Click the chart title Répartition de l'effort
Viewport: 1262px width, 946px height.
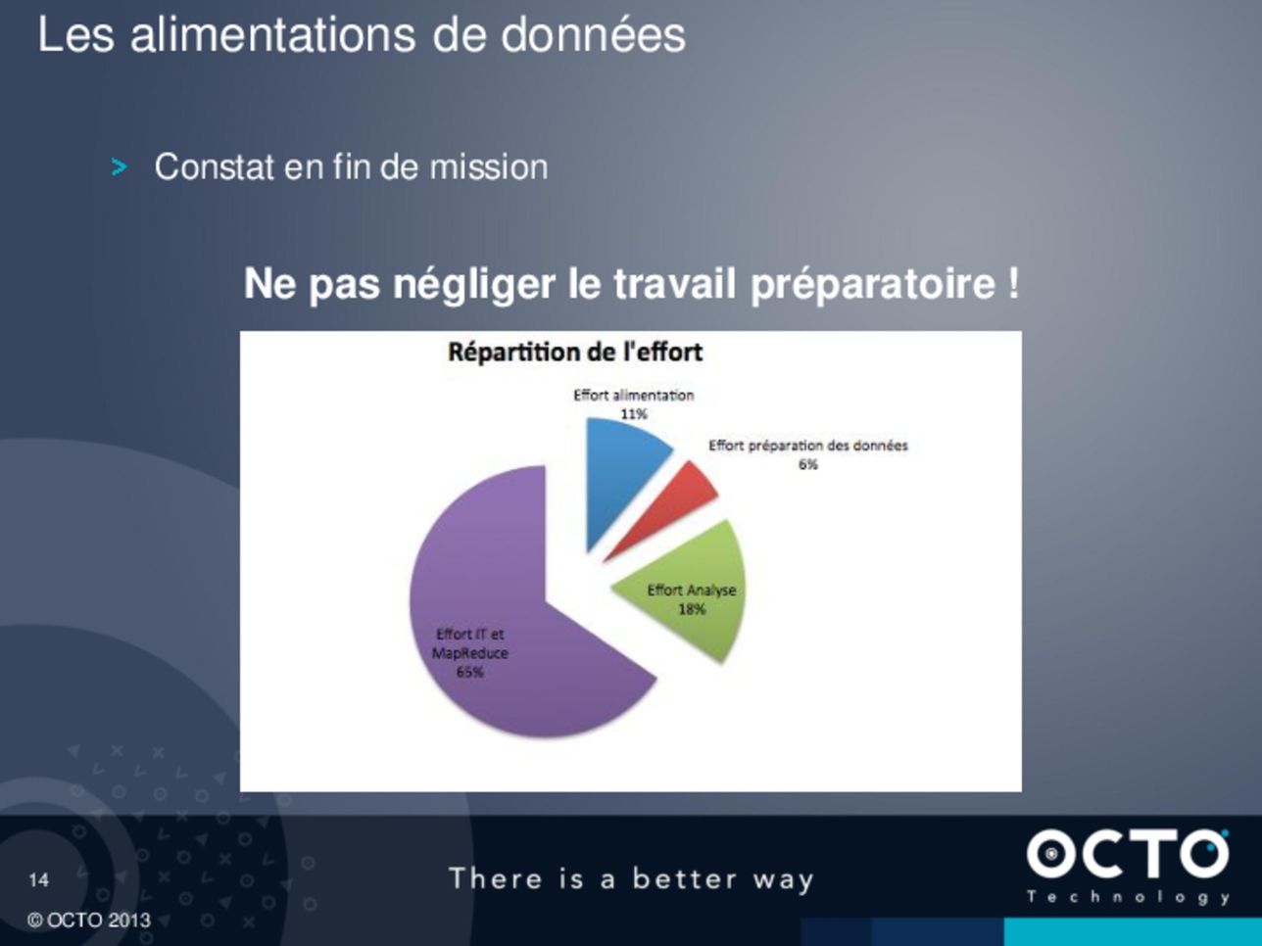575,353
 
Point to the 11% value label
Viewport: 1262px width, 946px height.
634,414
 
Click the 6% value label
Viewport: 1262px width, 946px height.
807,464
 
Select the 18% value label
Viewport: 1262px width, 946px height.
692,609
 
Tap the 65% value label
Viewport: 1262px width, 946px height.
469,672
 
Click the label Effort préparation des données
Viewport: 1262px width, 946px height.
807,446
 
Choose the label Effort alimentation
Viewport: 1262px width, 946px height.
634,396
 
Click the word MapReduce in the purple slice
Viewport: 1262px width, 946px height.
469,653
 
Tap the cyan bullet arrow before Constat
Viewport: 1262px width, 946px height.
119,167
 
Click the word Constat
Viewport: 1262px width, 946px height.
214,167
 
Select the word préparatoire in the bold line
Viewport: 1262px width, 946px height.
873,284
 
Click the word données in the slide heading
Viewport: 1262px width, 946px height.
593,35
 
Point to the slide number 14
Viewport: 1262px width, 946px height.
39,879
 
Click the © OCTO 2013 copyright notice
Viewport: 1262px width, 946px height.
88,921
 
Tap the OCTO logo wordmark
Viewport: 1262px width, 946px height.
1128,854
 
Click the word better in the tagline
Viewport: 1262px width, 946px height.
684,878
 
